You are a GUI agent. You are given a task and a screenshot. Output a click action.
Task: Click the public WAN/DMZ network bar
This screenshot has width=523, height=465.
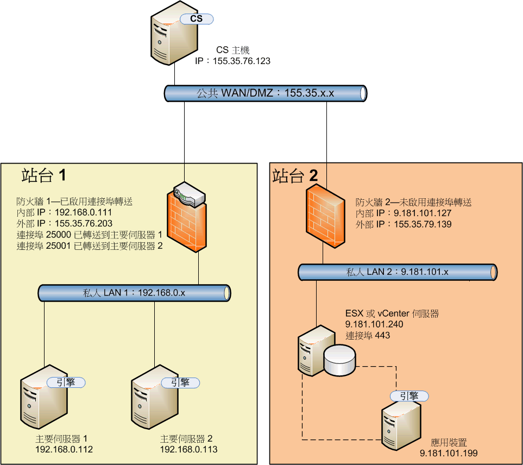click(x=266, y=93)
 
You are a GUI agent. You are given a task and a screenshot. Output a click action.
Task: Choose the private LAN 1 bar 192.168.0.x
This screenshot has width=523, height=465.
click(x=135, y=293)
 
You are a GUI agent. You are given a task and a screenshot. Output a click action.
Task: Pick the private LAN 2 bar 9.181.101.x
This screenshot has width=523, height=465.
click(x=398, y=272)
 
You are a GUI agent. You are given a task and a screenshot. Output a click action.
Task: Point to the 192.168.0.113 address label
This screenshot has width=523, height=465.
click(x=188, y=450)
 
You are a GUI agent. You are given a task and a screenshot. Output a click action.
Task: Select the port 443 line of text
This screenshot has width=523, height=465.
click(x=368, y=335)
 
